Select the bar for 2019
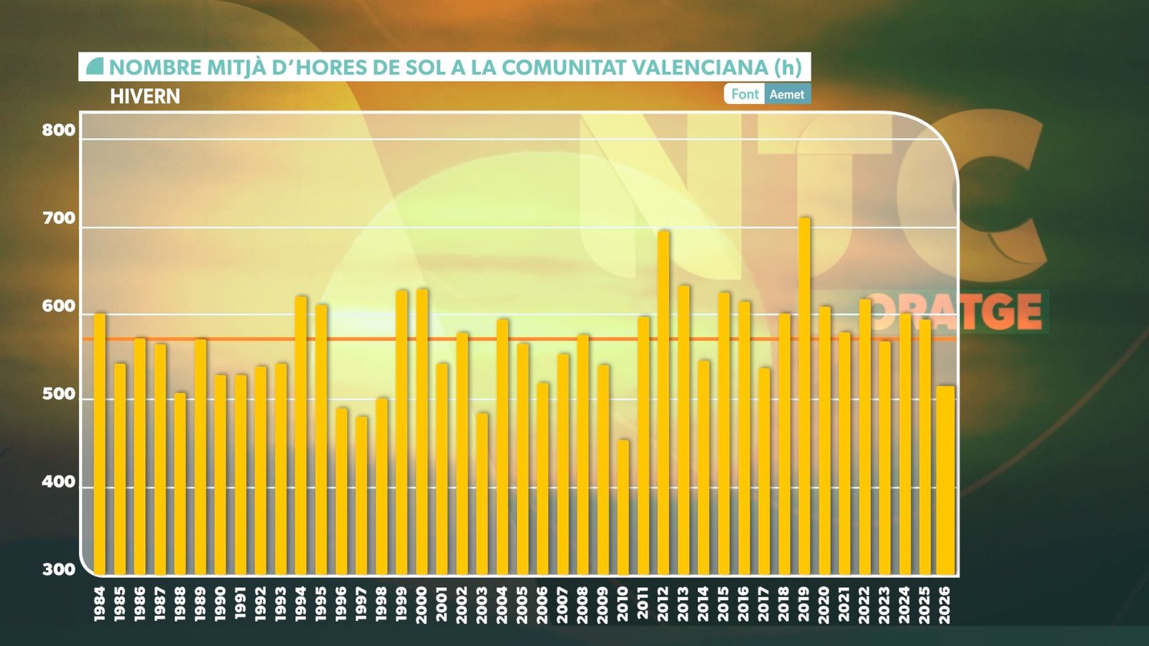[x=804, y=395]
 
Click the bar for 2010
[x=623, y=507]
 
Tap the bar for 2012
[x=664, y=402]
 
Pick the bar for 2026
[x=945, y=479]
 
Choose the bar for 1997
[x=361, y=495]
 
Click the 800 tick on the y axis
[x=58, y=130]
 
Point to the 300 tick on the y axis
[x=58, y=569]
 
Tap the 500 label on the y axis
[x=58, y=394]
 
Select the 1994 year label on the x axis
[x=301, y=604]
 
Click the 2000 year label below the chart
[x=422, y=604]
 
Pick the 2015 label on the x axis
[x=723, y=604]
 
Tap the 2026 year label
[x=944, y=604]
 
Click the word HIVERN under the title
[x=145, y=96]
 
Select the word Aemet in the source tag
[x=787, y=94]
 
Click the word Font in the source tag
[x=745, y=94]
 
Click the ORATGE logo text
[x=955, y=312]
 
